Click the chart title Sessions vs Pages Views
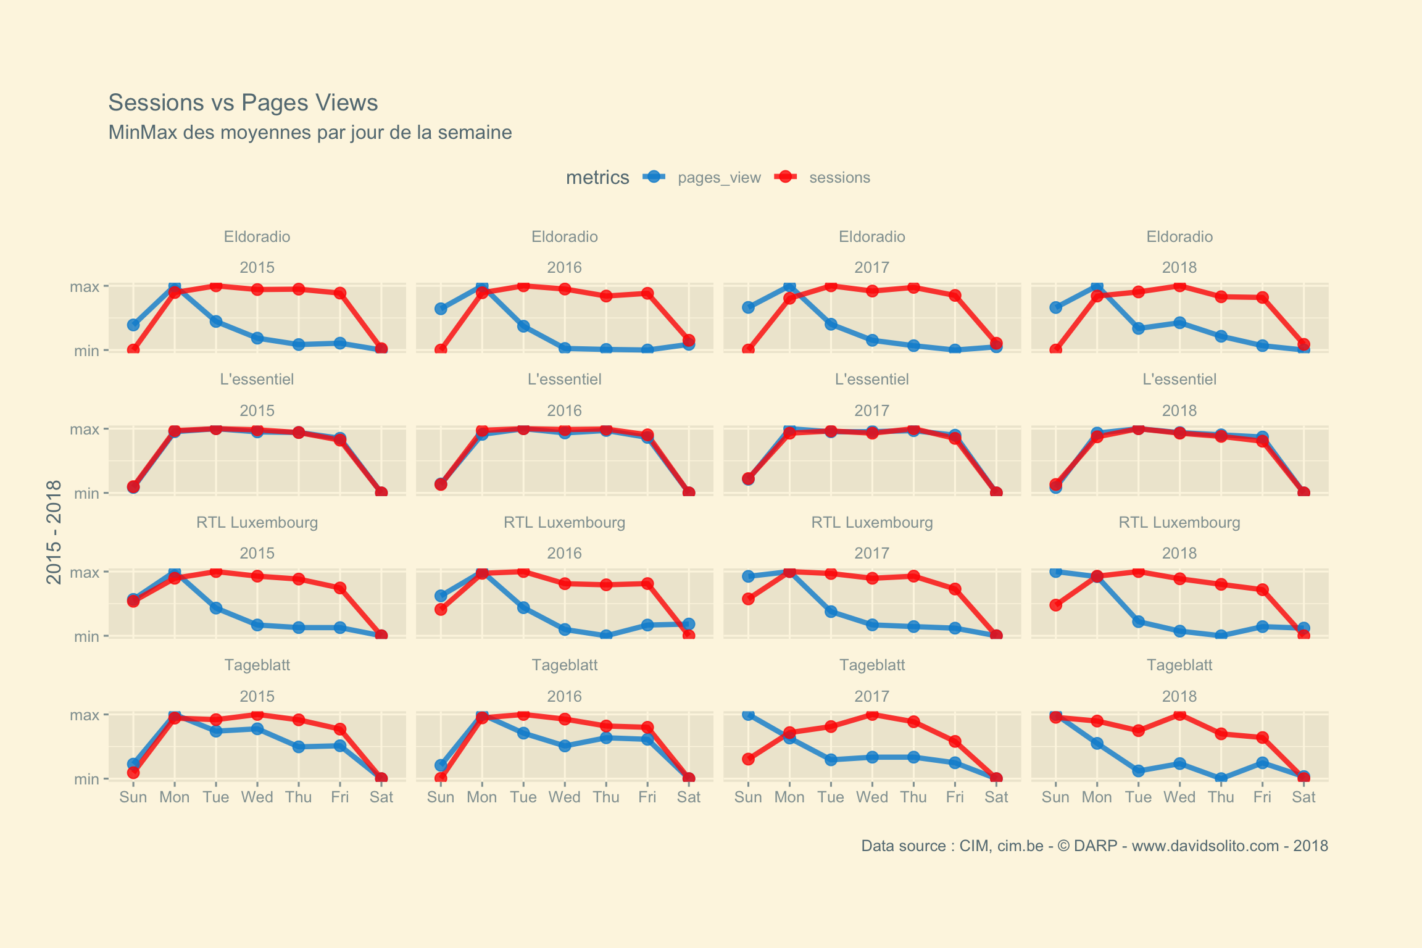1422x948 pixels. click(x=243, y=102)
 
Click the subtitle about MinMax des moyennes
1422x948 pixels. click(x=310, y=133)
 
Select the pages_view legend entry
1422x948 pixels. click(x=718, y=178)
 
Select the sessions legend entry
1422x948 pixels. click(x=839, y=178)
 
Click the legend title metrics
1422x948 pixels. click(x=597, y=178)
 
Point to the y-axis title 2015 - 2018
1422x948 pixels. click(x=54, y=532)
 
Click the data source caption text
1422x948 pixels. click(x=1094, y=846)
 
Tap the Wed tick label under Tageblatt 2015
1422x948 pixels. click(x=257, y=797)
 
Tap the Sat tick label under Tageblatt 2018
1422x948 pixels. click(x=1303, y=797)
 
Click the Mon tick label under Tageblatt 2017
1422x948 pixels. click(x=789, y=797)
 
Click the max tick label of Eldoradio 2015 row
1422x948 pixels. click(x=85, y=286)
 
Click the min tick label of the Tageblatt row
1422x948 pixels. click(x=86, y=780)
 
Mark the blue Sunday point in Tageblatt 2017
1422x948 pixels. click(x=748, y=715)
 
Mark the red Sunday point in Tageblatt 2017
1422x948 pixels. click(x=748, y=759)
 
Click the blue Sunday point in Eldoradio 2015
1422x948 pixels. click(x=133, y=325)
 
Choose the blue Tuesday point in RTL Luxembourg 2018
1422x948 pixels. click(x=1138, y=622)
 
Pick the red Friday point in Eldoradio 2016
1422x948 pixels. click(x=647, y=293)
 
